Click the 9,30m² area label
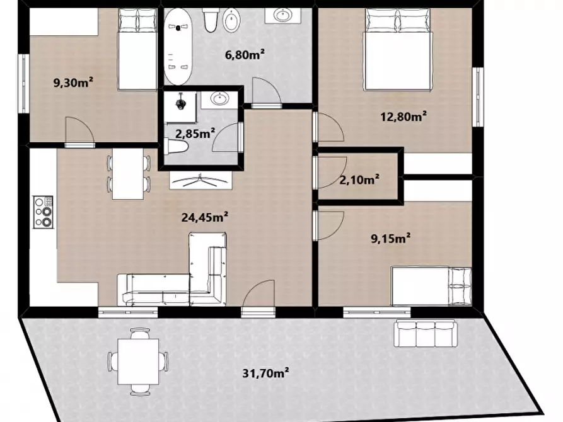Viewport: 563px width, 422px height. coord(73,83)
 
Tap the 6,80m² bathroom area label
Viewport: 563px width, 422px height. coord(245,55)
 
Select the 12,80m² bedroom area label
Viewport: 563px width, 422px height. coord(403,117)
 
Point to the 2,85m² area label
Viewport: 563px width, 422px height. coord(195,134)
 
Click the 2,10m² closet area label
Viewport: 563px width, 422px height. coord(359,179)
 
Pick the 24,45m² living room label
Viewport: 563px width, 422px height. coord(205,217)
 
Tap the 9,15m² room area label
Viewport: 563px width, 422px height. coord(391,238)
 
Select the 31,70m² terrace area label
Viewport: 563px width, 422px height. coord(265,374)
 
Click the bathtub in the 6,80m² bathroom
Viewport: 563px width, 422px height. coord(178,47)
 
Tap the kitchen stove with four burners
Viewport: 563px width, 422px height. coord(43,212)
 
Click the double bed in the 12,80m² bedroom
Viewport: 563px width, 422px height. coord(397,50)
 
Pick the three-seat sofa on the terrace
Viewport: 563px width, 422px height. coord(426,333)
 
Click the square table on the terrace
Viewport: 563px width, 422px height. coord(138,362)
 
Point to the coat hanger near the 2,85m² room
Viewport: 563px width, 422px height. coord(200,181)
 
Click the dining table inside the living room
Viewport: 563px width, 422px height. coord(127,174)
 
